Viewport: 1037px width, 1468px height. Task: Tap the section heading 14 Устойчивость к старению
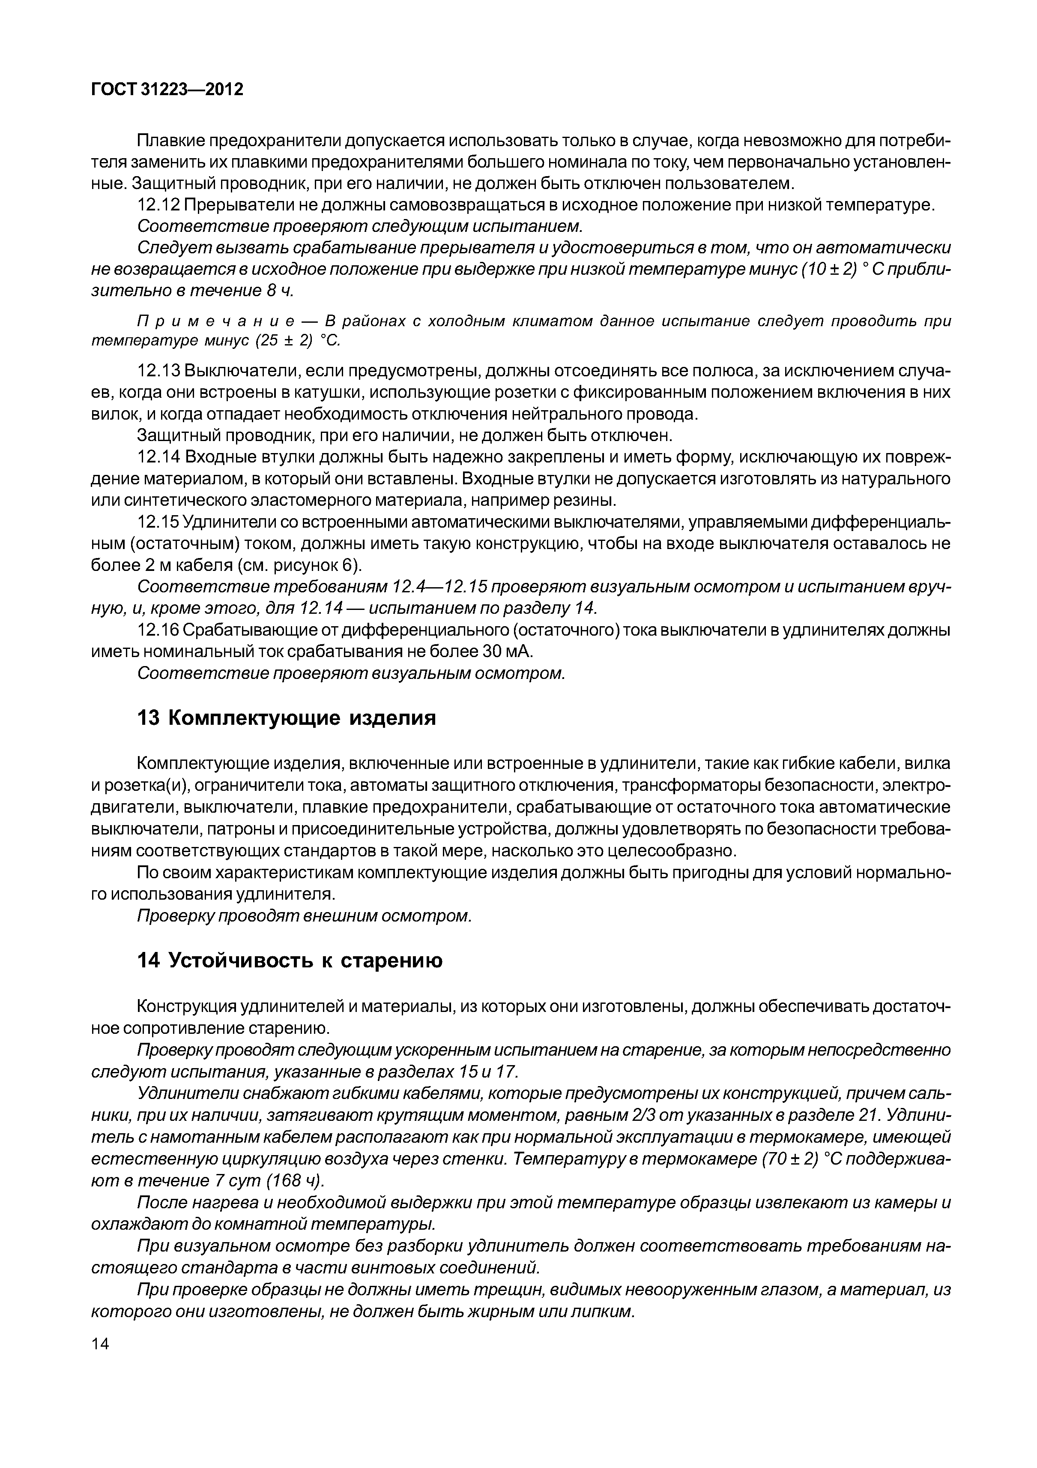tap(290, 961)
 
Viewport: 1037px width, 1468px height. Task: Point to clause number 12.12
tap(158, 206)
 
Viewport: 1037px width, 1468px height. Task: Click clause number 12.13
tap(158, 372)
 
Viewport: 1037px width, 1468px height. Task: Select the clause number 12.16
tap(158, 630)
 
